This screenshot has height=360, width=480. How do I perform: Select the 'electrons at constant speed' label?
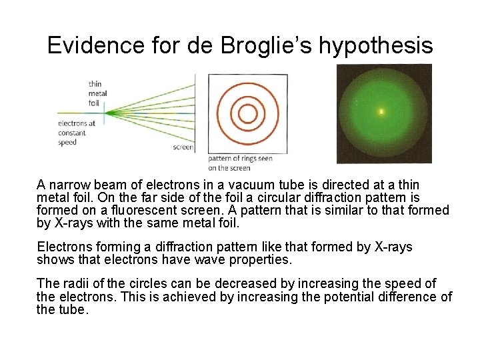[x=77, y=133]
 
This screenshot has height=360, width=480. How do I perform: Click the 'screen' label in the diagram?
[x=183, y=147]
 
